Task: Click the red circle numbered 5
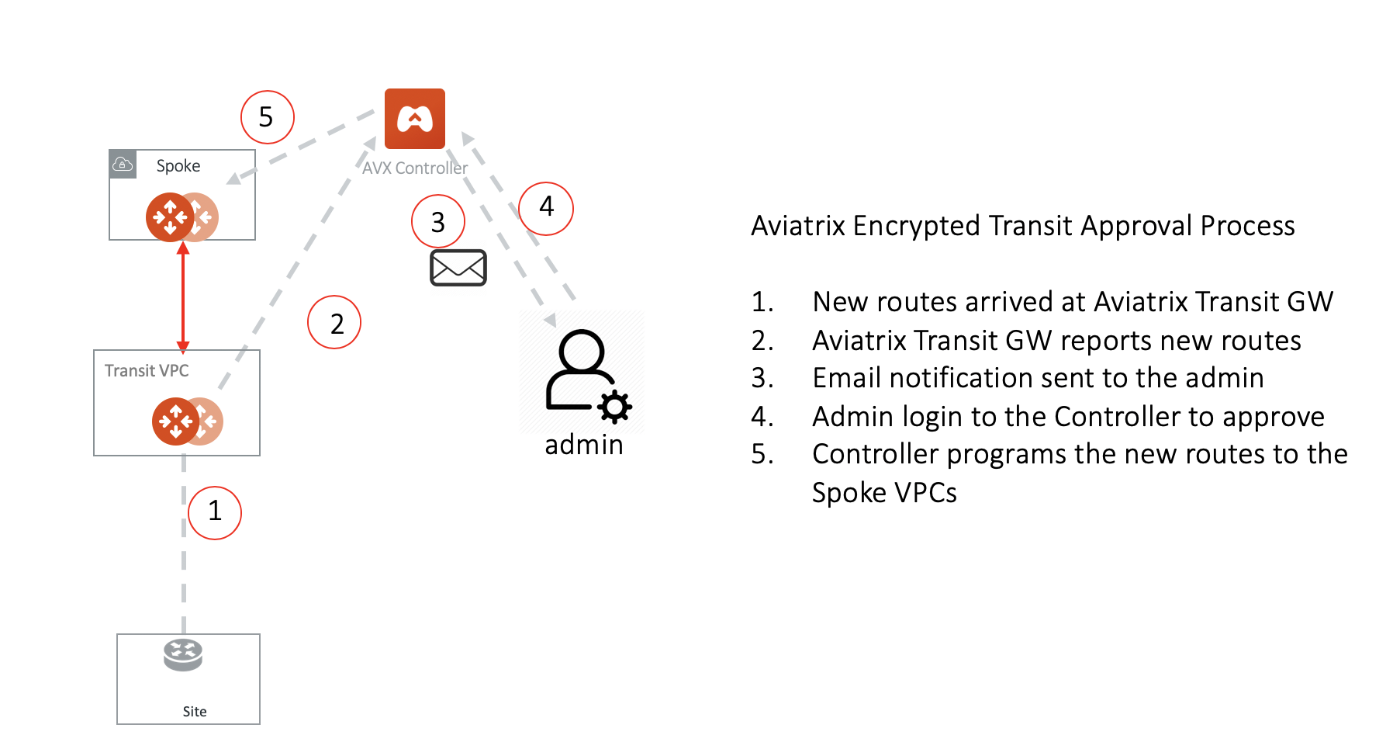coord(267,117)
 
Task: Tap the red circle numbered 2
coord(334,322)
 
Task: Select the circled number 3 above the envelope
coord(438,222)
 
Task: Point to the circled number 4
coord(546,208)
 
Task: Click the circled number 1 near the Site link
coord(215,512)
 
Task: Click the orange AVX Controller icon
coord(415,119)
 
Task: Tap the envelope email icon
coord(458,268)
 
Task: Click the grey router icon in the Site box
coord(183,655)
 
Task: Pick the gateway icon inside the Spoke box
coord(181,217)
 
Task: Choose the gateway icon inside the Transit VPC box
coord(186,421)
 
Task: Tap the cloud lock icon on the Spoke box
coord(123,164)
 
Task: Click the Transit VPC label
coord(147,370)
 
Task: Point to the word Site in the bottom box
coord(195,711)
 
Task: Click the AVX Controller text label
coord(415,168)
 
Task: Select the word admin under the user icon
coord(583,445)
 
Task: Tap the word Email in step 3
coord(847,378)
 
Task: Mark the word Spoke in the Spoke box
coord(178,165)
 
